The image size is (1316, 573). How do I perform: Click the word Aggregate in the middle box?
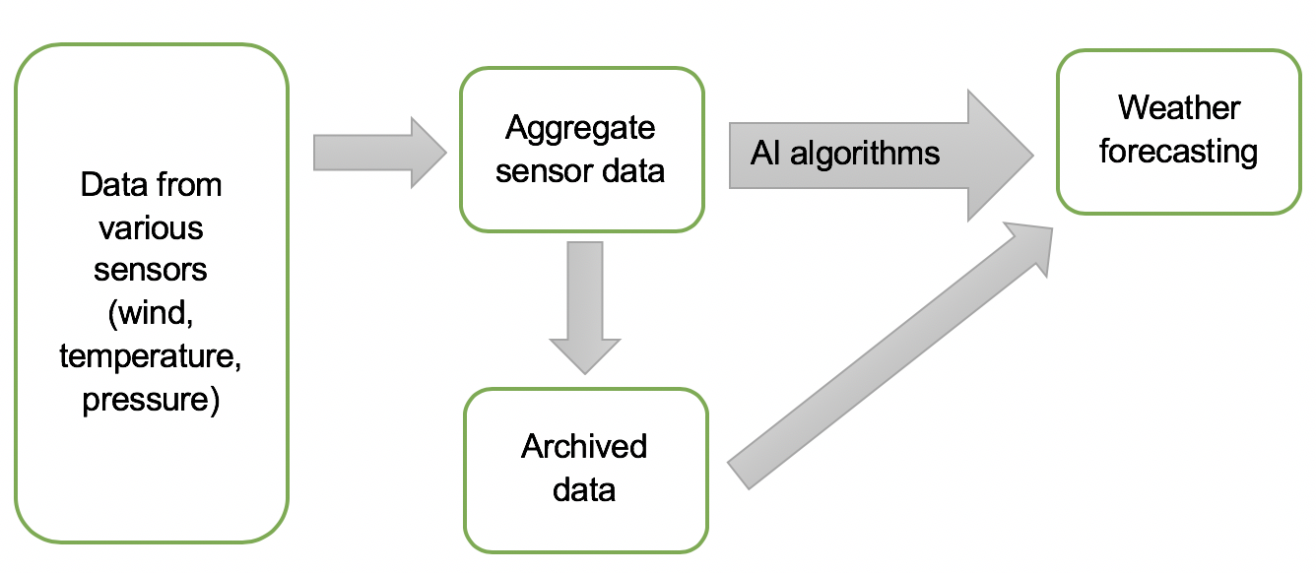(580, 128)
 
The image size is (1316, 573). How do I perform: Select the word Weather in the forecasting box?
(1179, 107)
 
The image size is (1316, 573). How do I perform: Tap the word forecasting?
(1179, 152)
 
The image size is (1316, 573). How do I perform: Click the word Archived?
(584, 446)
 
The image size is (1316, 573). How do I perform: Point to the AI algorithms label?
(845, 154)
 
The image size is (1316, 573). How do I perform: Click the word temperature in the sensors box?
(151, 357)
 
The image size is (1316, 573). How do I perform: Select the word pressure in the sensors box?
(151, 401)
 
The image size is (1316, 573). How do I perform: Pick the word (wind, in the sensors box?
(151, 314)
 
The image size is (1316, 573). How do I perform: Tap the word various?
(151, 227)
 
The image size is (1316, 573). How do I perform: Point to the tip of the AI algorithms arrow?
(1030, 155)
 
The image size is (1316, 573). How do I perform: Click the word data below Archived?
(584, 489)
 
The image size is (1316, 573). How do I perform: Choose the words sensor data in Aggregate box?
(580, 171)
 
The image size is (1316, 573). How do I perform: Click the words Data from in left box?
(151, 184)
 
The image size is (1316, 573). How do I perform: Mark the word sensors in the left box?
(151, 271)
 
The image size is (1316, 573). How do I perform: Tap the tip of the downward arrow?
(586, 372)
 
